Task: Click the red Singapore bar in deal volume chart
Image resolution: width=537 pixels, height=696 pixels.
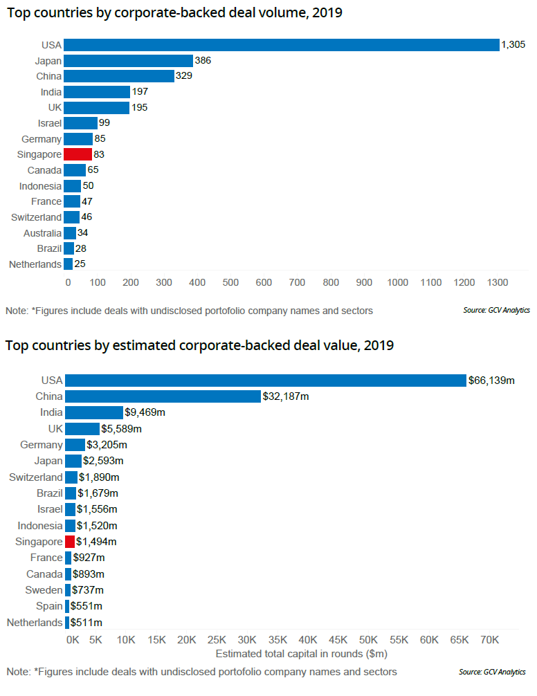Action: pyautogui.click(x=78, y=154)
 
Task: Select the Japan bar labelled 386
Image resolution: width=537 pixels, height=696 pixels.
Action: pyautogui.click(x=128, y=61)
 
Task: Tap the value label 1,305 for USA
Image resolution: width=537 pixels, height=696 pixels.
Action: pyautogui.click(x=514, y=45)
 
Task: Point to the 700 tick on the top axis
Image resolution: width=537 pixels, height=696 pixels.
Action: pyautogui.click(x=297, y=282)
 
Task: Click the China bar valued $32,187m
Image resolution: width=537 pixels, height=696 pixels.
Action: pyautogui.click(x=163, y=396)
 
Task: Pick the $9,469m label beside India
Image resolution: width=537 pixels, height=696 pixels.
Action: pyautogui.click(x=145, y=412)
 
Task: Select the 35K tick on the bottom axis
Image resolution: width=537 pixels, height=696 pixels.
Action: pyautogui.click(x=277, y=640)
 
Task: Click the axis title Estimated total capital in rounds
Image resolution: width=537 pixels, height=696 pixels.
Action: pyautogui.click(x=302, y=654)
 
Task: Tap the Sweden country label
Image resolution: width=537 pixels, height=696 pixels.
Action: pyautogui.click(x=44, y=590)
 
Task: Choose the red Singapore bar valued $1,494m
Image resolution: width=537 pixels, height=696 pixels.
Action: pyautogui.click(x=69, y=542)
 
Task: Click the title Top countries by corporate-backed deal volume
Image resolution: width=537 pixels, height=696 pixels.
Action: pyautogui.click(x=175, y=13)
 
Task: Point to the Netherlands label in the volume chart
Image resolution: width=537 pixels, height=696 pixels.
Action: pyautogui.click(x=35, y=264)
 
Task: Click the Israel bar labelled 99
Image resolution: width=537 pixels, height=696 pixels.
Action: pyautogui.click(x=80, y=123)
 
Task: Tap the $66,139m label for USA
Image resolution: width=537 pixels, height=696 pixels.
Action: pyautogui.click(x=492, y=381)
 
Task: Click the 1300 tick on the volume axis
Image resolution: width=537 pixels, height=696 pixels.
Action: pyautogui.click(x=498, y=282)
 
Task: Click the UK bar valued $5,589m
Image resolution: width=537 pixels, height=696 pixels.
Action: pyautogui.click(x=82, y=429)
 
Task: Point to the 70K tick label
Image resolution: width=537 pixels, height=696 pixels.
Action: pyautogui.click(x=490, y=640)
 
